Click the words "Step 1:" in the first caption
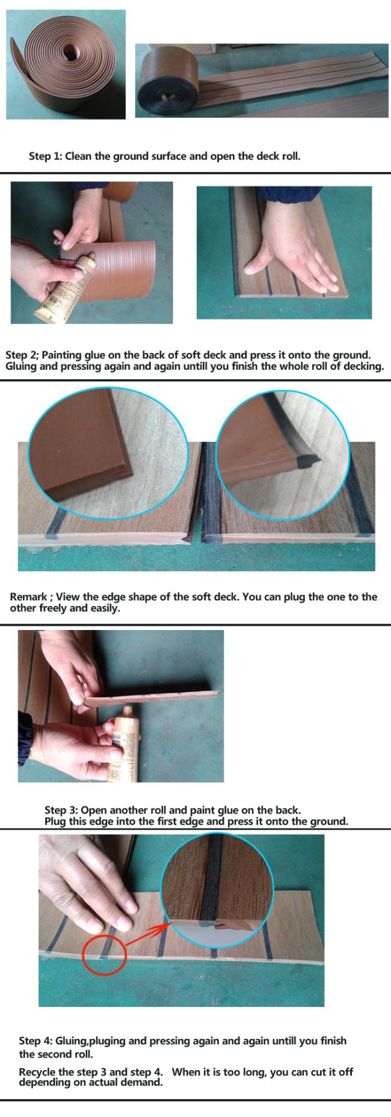(45, 156)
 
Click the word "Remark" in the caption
(28, 597)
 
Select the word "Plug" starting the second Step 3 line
(55, 821)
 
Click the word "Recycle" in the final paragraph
(38, 1072)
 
